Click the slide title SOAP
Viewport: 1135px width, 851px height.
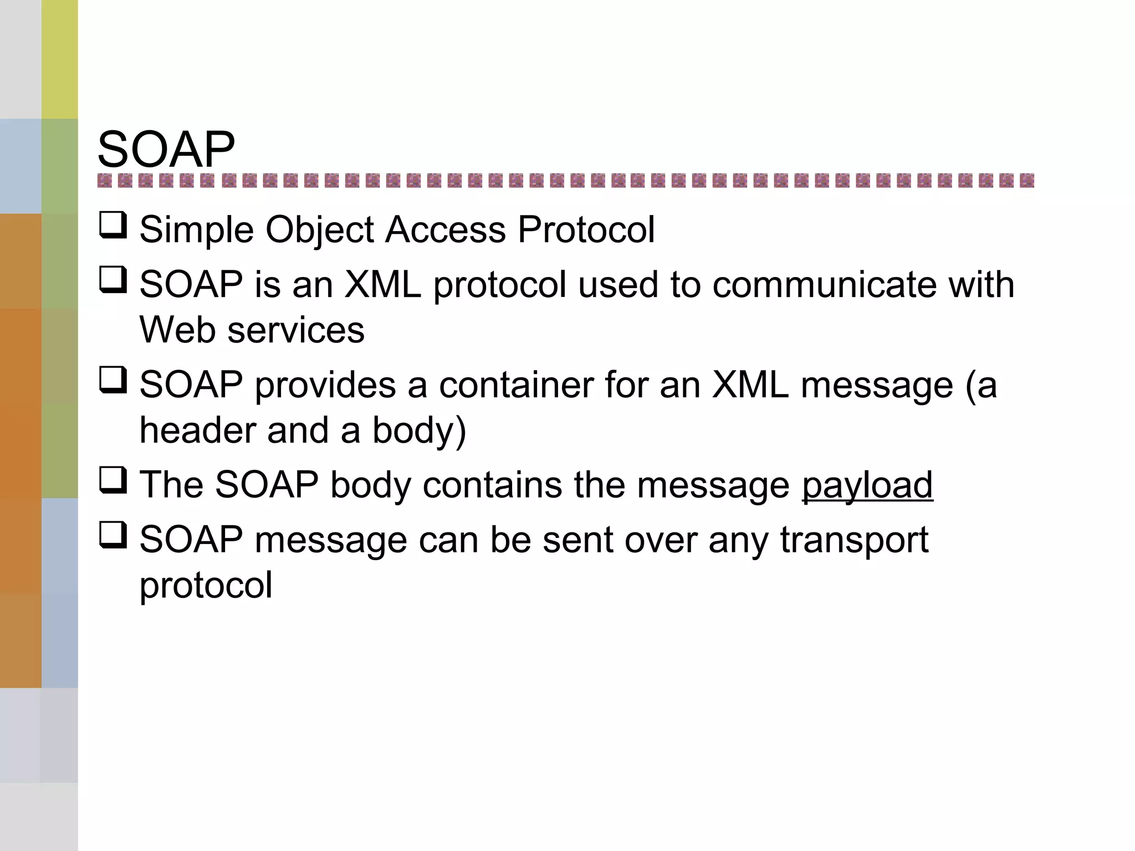166,150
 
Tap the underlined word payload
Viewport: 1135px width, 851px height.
867,485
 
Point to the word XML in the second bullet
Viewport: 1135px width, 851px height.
382,285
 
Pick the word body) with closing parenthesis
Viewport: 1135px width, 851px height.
419,431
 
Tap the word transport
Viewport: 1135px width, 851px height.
854,541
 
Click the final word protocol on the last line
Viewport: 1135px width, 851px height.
206,586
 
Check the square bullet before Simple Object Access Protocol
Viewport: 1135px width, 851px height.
113,225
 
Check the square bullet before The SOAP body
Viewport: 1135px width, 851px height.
113,480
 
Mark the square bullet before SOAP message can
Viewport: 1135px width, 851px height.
113,535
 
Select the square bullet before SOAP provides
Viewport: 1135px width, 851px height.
113,380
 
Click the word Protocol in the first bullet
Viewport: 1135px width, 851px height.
586,230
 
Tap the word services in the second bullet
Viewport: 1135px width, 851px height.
296,330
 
